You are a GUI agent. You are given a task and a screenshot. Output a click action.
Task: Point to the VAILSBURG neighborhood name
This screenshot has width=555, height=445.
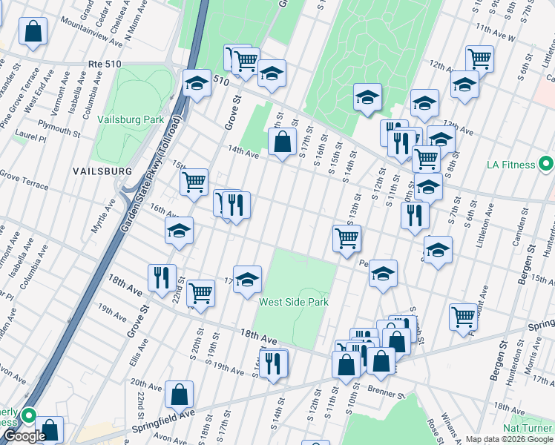[102, 171]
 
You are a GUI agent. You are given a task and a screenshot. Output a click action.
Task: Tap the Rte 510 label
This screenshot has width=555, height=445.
[105, 65]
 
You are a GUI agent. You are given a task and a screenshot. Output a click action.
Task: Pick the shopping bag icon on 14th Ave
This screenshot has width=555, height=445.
[282, 142]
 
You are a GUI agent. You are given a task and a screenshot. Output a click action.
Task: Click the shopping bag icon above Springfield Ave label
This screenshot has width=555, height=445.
[179, 395]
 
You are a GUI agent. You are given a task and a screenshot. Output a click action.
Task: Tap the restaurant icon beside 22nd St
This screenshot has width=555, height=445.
[162, 279]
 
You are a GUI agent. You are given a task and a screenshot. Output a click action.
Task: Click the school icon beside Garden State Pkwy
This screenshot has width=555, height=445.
[197, 85]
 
